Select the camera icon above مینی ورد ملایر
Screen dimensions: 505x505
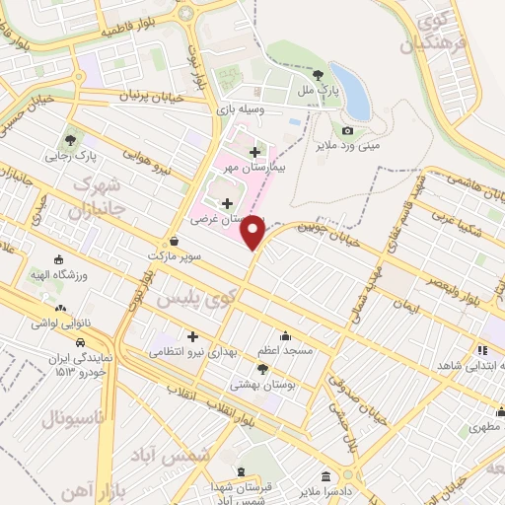pos(347,130)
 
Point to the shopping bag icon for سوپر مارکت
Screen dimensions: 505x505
pos(174,240)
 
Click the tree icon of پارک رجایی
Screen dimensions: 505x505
pos(69,139)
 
